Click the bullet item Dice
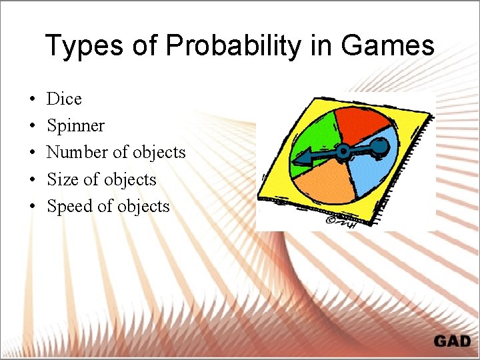(64, 99)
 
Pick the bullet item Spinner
(75, 125)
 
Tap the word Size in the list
(63, 179)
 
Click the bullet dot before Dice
(33, 99)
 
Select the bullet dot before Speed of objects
(33, 207)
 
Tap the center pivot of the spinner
(343, 151)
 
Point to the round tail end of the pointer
(379, 145)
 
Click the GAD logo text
(451, 341)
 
